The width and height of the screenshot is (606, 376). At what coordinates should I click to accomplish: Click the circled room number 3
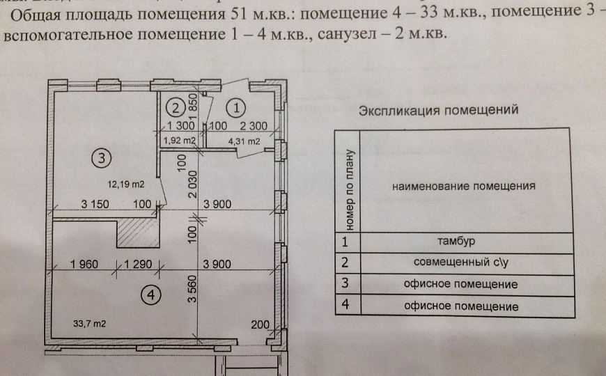tap(101, 158)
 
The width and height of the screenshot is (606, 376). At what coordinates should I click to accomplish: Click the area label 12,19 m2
tap(125, 185)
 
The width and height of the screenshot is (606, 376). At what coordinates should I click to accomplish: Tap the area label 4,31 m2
tap(244, 141)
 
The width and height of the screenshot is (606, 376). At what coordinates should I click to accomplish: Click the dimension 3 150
tap(98, 204)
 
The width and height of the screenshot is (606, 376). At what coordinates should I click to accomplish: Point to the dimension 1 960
tap(87, 265)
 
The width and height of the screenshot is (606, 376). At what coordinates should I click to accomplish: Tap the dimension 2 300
tap(254, 126)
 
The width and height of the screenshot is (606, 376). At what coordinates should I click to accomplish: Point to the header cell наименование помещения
tap(463, 187)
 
